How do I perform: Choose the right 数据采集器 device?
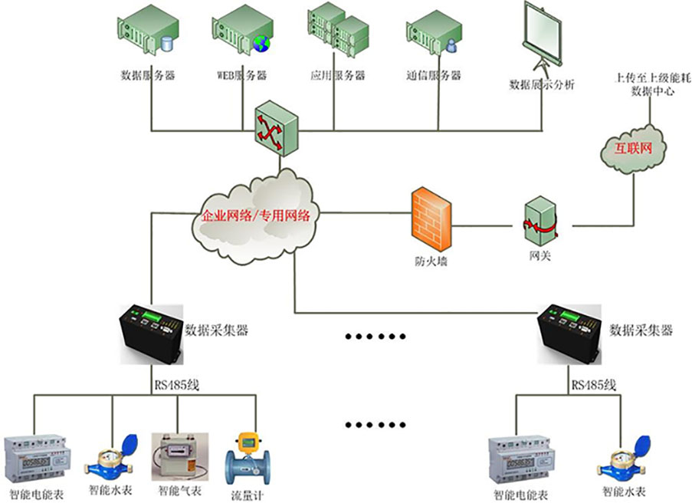point(572,333)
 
